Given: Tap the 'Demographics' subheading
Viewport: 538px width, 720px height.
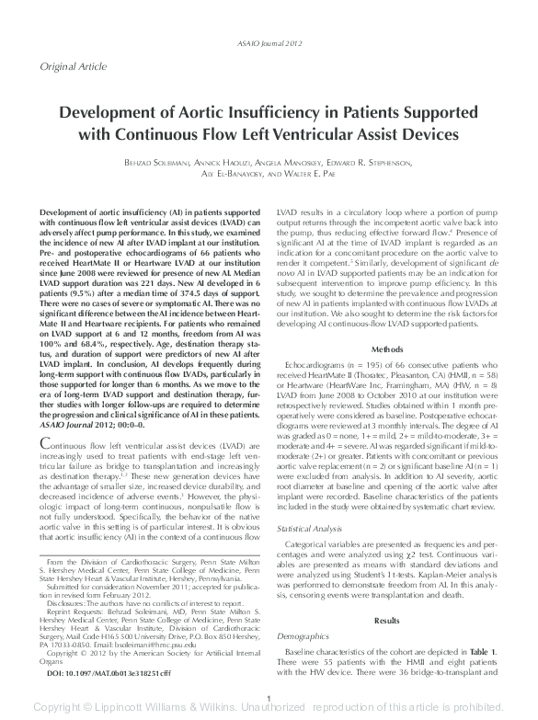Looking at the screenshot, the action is pos(303,636).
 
